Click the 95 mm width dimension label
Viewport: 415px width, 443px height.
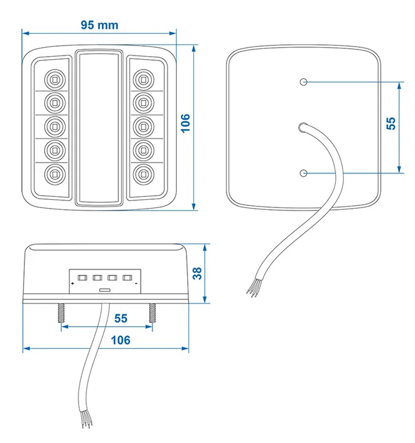coord(99,25)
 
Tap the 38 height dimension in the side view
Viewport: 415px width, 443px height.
coord(198,273)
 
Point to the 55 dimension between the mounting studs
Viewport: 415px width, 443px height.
coord(121,319)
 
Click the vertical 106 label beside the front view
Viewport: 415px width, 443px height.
coord(185,123)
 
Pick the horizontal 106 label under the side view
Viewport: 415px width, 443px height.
coord(121,340)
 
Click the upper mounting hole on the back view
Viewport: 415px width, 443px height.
coord(304,82)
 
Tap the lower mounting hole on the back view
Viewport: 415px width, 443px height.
coord(304,172)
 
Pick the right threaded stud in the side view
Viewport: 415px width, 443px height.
coord(152,314)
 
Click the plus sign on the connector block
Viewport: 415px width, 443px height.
coord(73,284)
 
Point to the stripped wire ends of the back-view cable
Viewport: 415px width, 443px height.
coord(253,289)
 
